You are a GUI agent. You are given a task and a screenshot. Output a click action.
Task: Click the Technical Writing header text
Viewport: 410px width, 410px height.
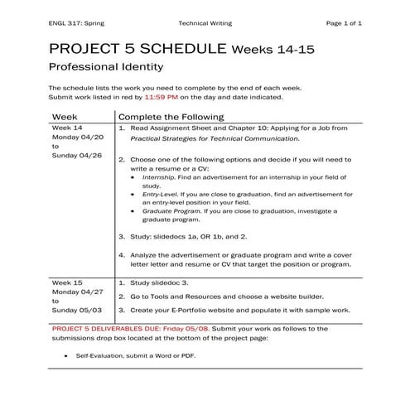[x=205, y=23]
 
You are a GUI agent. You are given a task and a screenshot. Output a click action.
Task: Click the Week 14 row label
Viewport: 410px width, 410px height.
[x=67, y=129]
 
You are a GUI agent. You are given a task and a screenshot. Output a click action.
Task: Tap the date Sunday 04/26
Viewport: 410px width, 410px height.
[x=76, y=155]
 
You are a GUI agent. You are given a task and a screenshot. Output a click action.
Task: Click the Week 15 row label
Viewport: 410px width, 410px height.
[x=67, y=282]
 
